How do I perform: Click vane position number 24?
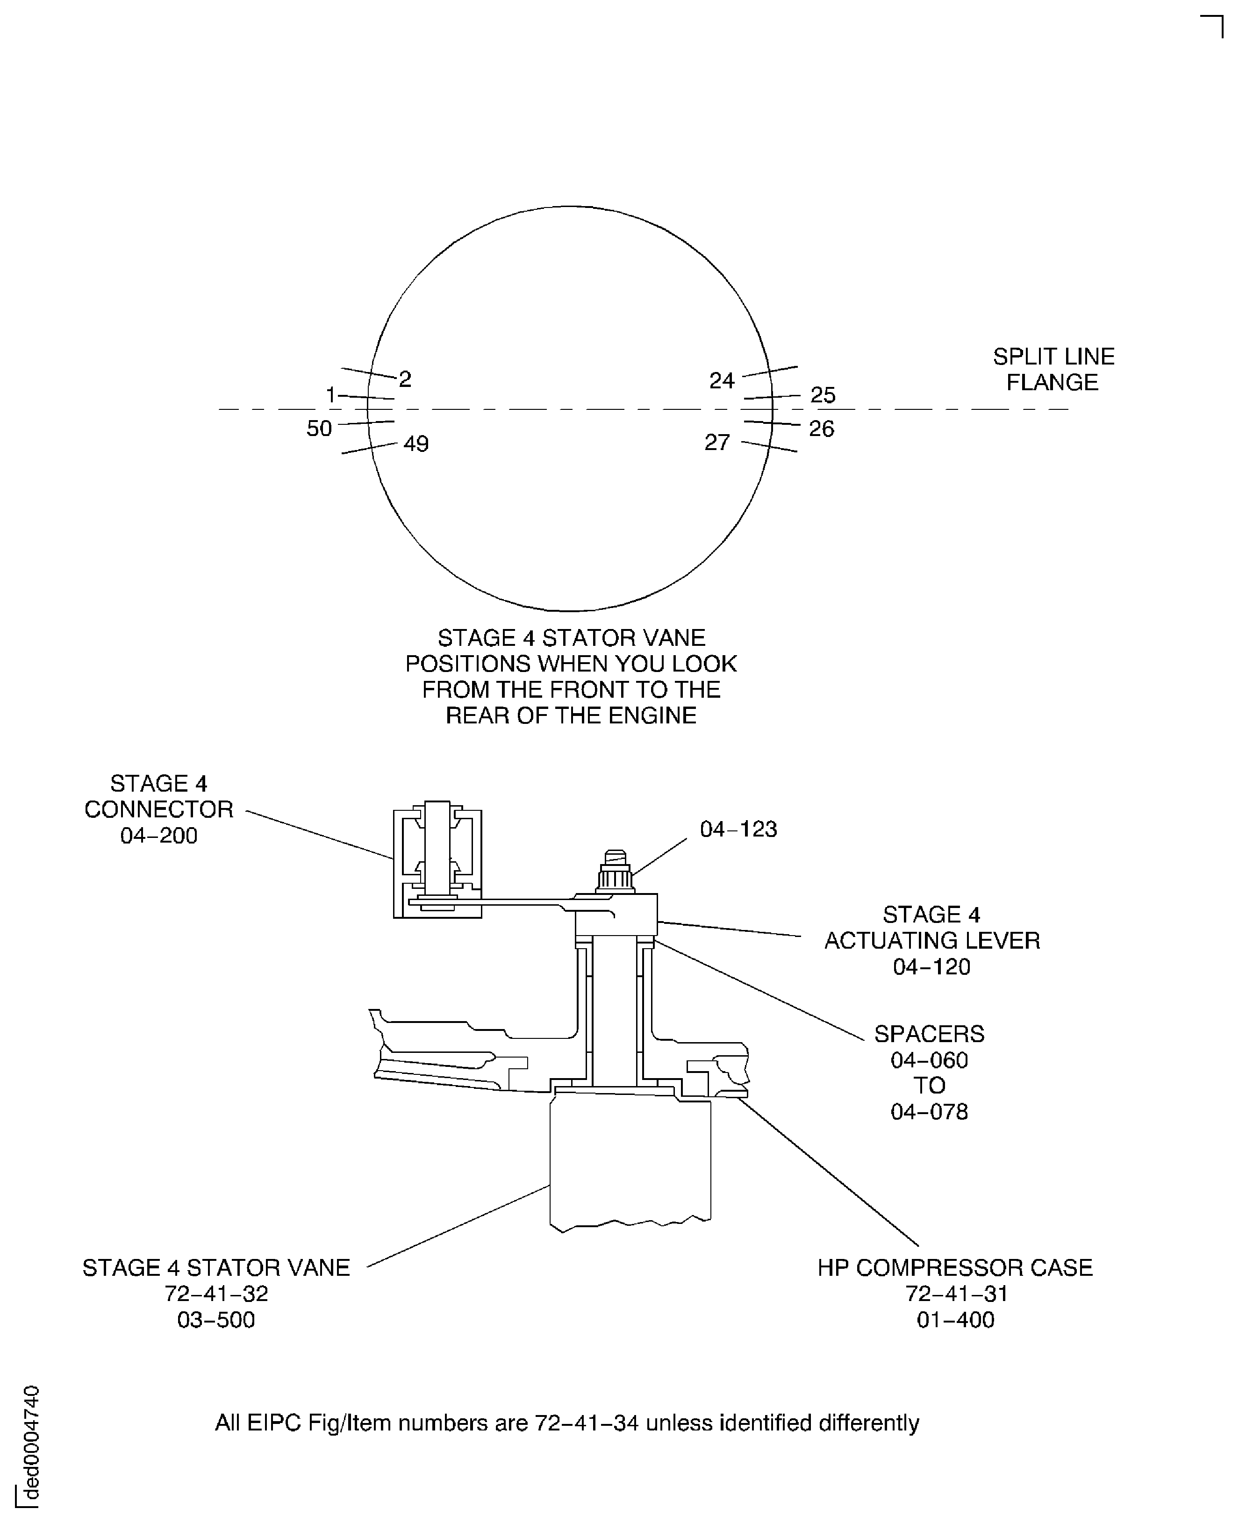pyautogui.click(x=722, y=380)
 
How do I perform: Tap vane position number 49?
pyautogui.click(x=416, y=444)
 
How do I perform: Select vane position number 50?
pyautogui.click(x=319, y=428)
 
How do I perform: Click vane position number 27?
pyautogui.click(x=717, y=443)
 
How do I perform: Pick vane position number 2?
pyautogui.click(x=405, y=379)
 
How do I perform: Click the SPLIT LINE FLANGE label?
pyautogui.click(x=1053, y=370)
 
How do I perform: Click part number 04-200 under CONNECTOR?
pyautogui.click(x=158, y=835)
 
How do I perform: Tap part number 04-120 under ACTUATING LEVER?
pyautogui.click(x=931, y=966)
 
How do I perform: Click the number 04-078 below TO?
pyautogui.click(x=929, y=1111)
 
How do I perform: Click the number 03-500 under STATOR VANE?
pyautogui.click(x=215, y=1320)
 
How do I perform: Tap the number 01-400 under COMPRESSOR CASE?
pyautogui.click(x=955, y=1320)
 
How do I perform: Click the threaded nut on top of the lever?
pyautogui.click(x=615, y=872)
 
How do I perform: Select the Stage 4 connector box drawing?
pyautogui.click(x=437, y=859)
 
